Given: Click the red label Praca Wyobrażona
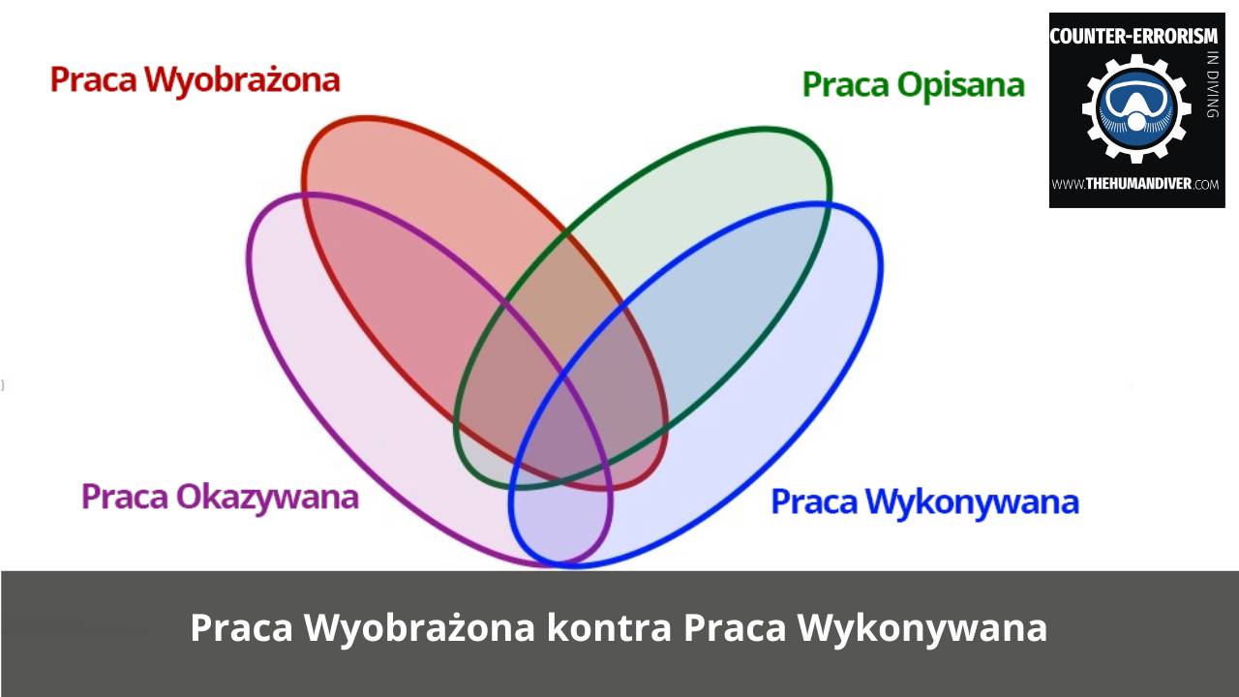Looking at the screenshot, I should (x=195, y=79).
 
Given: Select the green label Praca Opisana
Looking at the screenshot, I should (x=913, y=85).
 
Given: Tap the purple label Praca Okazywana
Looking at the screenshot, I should (x=220, y=497).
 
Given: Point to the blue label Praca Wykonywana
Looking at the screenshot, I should (x=924, y=501).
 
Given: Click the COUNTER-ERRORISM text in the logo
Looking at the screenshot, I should (x=1133, y=36).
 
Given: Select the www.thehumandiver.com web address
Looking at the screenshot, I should (x=1135, y=184).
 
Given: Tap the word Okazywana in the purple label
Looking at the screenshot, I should (x=266, y=497).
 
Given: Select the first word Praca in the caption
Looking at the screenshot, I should (x=241, y=627).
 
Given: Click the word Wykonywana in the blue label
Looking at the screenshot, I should (x=972, y=501).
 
